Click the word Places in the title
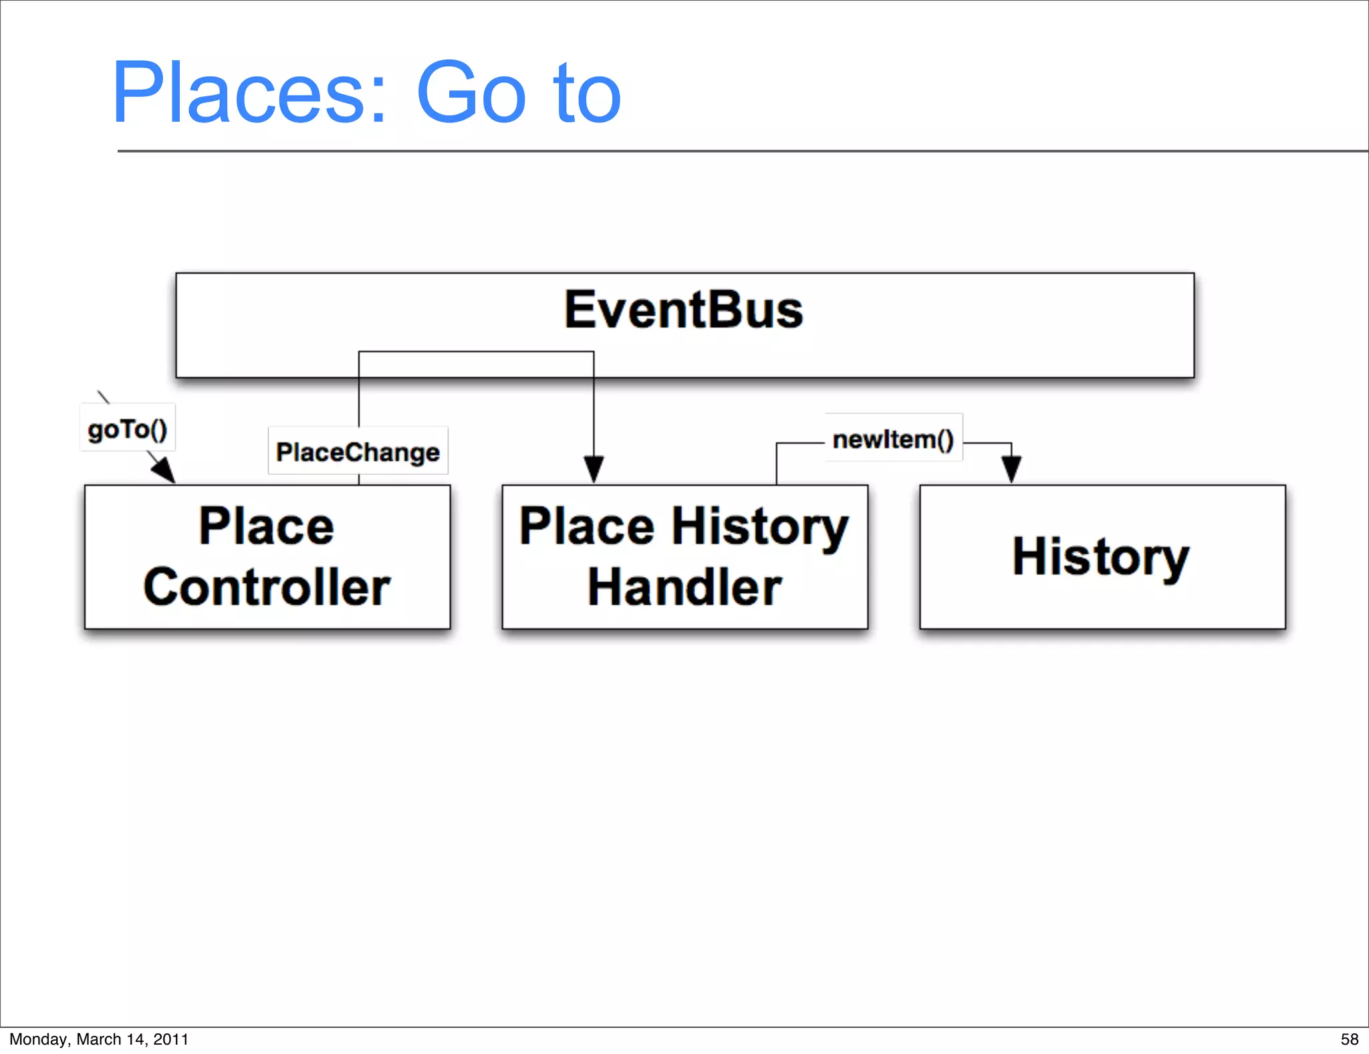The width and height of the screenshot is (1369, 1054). click(238, 94)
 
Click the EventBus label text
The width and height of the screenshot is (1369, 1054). click(684, 310)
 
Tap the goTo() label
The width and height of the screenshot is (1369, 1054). click(128, 429)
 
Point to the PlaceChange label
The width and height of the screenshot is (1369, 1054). click(358, 452)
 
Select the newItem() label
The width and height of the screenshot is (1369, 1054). click(893, 439)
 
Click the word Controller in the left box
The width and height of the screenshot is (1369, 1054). click(267, 587)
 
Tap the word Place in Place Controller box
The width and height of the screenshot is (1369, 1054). click(267, 526)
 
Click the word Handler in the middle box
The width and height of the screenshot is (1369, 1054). click(684, 587)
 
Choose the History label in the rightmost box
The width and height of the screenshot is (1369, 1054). click(1101, 556)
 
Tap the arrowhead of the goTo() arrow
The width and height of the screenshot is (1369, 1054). click(164, 471)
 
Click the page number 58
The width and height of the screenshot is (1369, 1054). click(1349, 1039)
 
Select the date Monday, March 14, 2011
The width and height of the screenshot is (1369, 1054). click(99, 1039)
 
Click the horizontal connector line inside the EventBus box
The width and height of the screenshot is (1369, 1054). click(476, 352)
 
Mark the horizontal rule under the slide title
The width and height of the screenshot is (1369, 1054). click(735, 151)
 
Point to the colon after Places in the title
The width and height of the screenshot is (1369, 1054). click(378, 100)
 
